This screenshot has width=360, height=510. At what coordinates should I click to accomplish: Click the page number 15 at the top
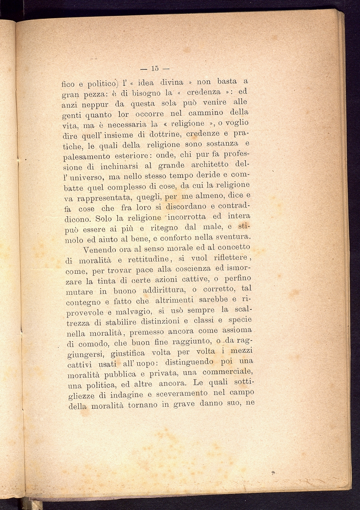tap(155, 69)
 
